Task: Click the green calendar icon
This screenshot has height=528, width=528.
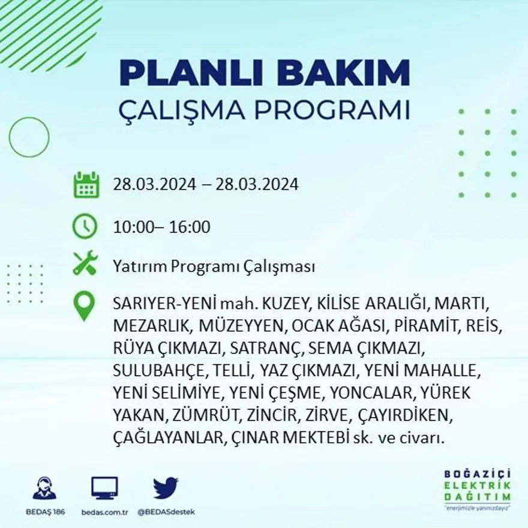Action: pos(86,185)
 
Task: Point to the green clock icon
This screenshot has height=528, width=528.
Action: pos(85,226)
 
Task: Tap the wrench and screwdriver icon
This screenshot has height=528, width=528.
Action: pos(85,263)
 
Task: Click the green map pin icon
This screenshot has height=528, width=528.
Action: pos(84,305)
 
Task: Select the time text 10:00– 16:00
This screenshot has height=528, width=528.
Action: pos(161,227)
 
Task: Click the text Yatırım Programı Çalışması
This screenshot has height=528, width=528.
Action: pos(214,267)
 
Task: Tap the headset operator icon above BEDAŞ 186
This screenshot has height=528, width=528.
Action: pos(44,488)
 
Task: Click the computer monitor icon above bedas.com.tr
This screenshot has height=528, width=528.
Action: pos(104,488)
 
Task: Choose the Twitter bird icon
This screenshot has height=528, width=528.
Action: pos(165,488)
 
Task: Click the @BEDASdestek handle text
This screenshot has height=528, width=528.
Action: pos(166,512)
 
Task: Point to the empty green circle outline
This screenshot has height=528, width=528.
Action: pos(29,137)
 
